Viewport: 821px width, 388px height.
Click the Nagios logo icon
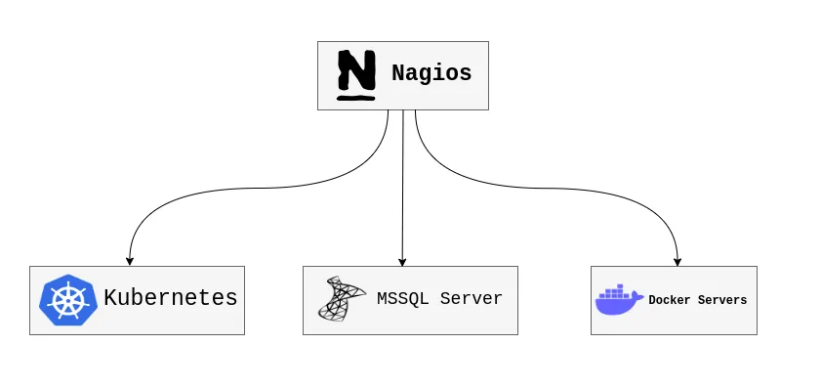point(356,75)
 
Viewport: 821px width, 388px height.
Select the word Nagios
point(431,73)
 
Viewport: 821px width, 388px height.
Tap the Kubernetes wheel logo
point(67,300)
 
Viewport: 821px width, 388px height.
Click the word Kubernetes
point(171,298)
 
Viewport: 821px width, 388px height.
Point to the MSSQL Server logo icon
point(341,299)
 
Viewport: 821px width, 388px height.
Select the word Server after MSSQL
point(471,299)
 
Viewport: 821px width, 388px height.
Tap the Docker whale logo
point(619,299)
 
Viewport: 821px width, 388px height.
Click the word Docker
point(669,300)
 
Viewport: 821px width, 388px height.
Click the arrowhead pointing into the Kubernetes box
point(130,261)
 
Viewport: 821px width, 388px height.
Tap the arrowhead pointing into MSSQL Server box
point(402,261)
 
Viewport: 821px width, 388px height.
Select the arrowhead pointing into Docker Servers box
point(677,261)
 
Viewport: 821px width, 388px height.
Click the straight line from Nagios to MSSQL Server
point(402,186)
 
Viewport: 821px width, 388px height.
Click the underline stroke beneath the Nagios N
point(356,97)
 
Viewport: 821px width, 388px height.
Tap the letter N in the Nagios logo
point(356,69)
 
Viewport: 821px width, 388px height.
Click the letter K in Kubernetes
point(110,298)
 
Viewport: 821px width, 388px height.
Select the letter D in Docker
point(652,300)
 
